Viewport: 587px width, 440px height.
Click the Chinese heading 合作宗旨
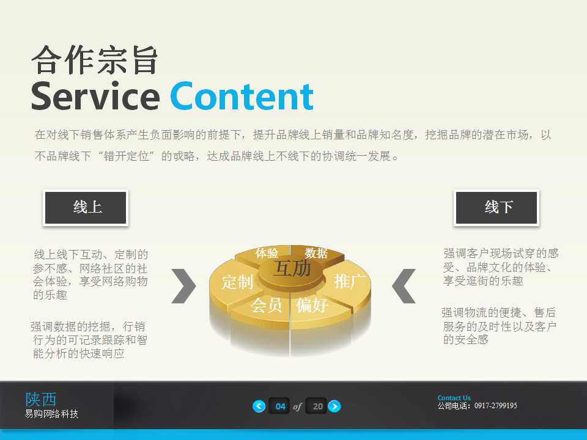(95, 61)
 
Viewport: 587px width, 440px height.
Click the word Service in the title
(95, 96)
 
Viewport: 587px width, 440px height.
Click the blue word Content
(242, 96)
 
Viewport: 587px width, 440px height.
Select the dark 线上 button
(86, 208)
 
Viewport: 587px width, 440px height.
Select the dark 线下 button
(497, 208)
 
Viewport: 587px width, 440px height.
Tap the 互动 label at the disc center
(292, 268)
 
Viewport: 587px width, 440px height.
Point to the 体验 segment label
(267, 253)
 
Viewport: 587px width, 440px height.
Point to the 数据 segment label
(316, 253)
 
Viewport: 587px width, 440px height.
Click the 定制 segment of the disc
(237, 282)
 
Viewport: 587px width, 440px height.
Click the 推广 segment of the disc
(350, 281)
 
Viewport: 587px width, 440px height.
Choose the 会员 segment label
(267, 305)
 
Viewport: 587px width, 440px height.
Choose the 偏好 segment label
(312, 305)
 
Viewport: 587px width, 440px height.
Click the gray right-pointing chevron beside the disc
(183, 285)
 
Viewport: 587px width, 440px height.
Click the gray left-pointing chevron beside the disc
(404, 285)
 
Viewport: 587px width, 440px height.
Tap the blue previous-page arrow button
(259, 406)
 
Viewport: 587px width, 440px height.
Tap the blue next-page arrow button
(334, 406)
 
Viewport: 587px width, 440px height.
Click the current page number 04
(281, 406)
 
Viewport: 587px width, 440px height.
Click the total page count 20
(317, 406)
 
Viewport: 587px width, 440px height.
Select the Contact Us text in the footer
(454, 398)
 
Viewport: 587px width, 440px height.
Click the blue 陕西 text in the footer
(41, 399)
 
